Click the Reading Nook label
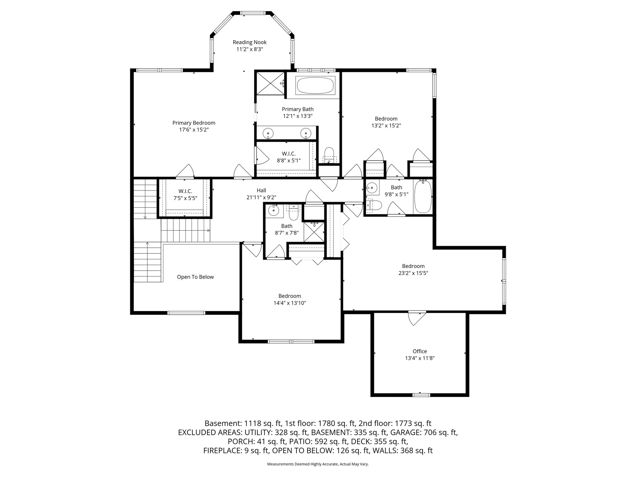coord(249,42)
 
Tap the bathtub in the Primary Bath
coord(315,85)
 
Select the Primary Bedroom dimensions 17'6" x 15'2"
coord(194,130)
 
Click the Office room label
coord(420,351)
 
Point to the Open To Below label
coord(195,277)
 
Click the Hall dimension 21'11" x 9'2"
coord(261,197)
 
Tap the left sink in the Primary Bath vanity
coord(268,133)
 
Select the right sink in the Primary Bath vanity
coord(306,133)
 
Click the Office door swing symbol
coord(417,318)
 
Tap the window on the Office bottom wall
coord(421,395)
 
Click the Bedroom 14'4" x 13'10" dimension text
coord(290,303)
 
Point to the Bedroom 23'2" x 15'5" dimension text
coord(413,273)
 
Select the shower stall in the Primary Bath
coord(270,83)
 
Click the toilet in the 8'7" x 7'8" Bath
coord(293,213)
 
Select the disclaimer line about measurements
coord(318,464)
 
